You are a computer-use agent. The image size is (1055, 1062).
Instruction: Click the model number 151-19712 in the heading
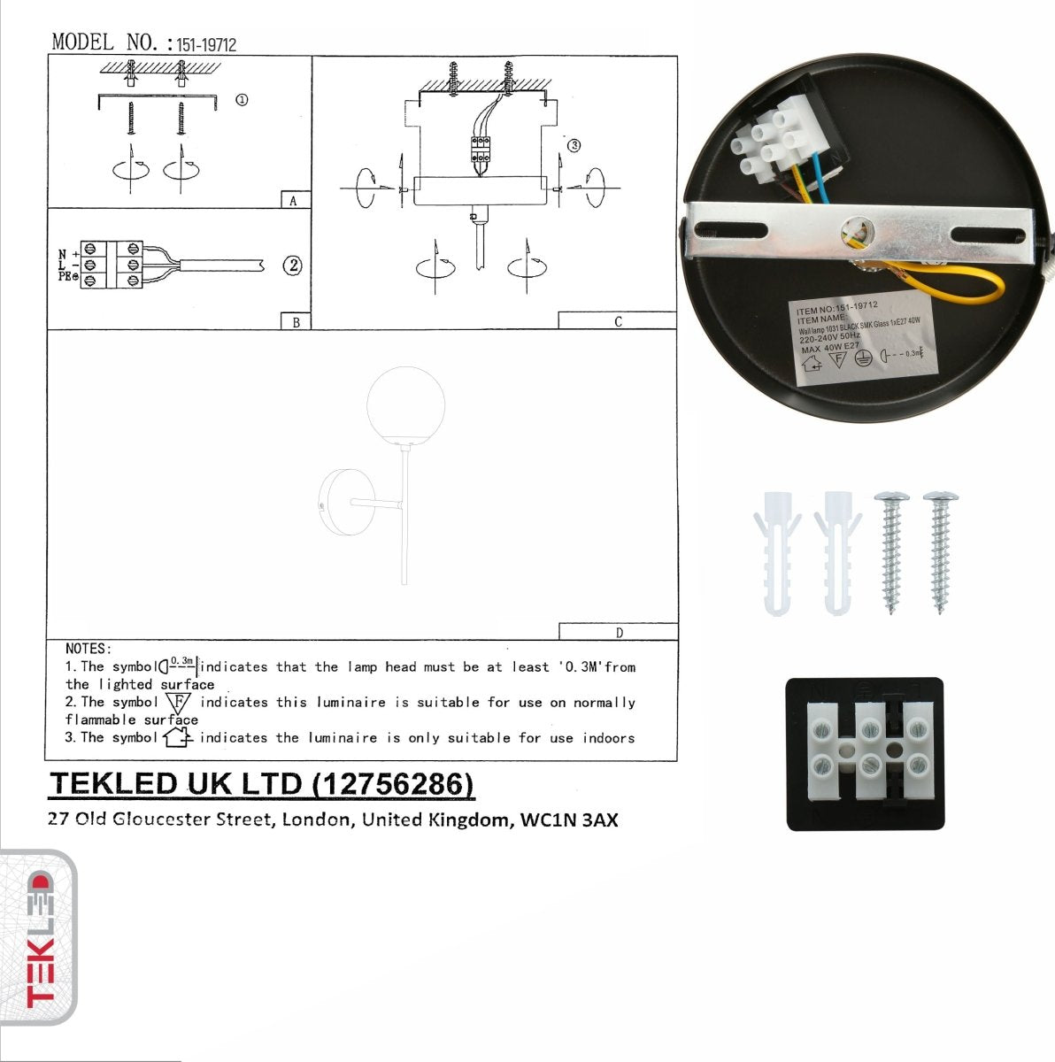206,44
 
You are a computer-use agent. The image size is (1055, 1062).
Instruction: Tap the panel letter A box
294,201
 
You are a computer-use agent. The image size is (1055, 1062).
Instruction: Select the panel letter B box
296,322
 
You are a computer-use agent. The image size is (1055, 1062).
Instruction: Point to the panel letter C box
618,321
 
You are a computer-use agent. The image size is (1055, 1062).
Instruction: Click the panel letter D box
619,632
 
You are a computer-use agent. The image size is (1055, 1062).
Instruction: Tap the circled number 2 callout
292,265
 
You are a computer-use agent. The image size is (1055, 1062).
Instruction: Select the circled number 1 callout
242,100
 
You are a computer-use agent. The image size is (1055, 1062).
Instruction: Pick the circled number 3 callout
574,145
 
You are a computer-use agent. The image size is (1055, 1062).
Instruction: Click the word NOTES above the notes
88,649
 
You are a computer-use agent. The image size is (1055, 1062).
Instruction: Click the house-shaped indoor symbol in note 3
177,736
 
